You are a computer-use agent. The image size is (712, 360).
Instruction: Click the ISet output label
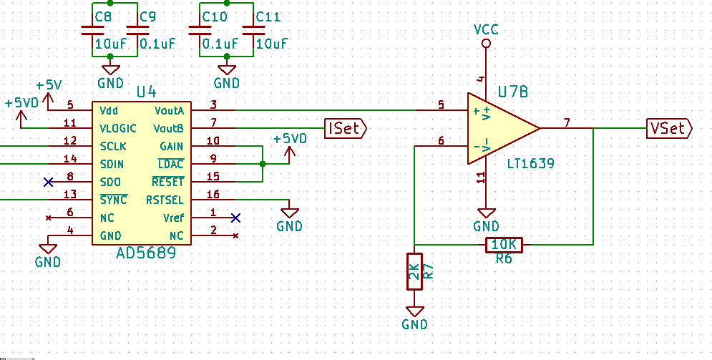coord(345,128)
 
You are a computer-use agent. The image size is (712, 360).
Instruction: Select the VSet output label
coord(669,128)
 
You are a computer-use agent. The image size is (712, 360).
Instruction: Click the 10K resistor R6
coord(504,245)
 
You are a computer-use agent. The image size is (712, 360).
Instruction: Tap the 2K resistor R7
coord(414,271)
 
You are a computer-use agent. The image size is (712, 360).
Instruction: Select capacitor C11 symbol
coord(253,31)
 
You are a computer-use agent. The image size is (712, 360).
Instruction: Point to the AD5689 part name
coord(145,253)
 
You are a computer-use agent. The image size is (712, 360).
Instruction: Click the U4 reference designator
coord(146,92)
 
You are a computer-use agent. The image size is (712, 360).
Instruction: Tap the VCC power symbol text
coord(486,29)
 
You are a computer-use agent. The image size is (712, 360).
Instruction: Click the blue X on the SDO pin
coord(48,182)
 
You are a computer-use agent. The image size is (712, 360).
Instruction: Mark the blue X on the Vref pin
coord(235,218)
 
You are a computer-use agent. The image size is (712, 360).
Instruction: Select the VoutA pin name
coord(169,111)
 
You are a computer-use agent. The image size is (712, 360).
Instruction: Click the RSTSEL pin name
coord(165,200)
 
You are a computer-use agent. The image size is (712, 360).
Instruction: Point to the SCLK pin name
coord(114,146)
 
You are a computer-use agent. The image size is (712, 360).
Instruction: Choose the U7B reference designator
coord(513,92)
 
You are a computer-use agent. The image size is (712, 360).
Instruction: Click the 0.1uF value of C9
coord(157,44)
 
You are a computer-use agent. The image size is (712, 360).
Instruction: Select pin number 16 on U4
coord(213,194)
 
